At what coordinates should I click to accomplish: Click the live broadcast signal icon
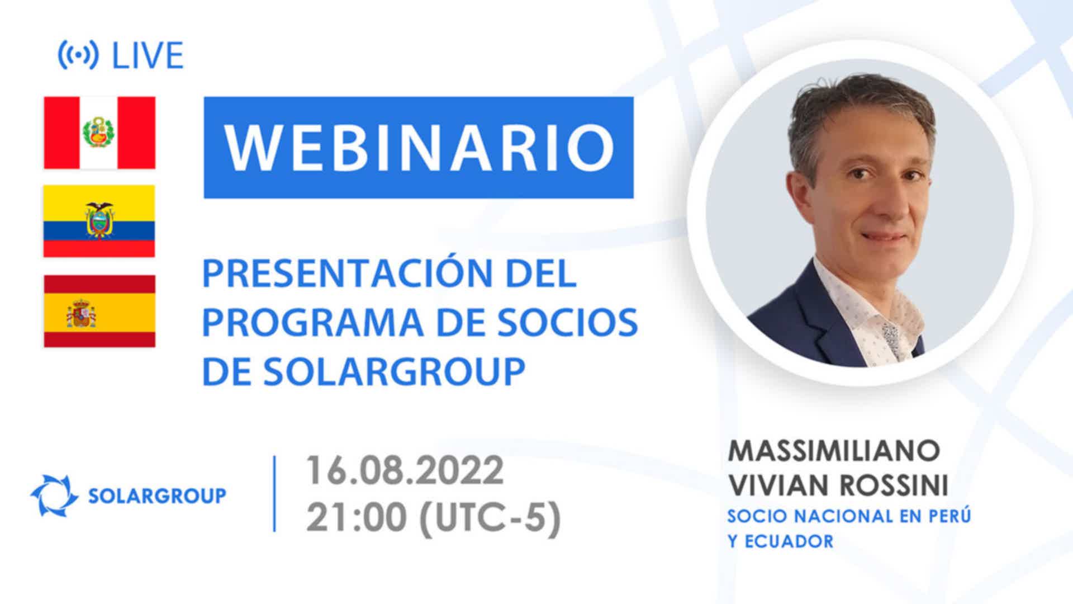pos(78,55)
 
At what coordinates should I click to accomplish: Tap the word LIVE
pos(148,55)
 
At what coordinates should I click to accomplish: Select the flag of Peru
pos(99,133)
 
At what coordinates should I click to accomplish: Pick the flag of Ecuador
pos(99,221)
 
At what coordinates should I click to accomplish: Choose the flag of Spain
pos(99,311)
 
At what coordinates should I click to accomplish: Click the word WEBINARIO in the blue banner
pos(419,148)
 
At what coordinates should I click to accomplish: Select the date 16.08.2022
pos(405,470)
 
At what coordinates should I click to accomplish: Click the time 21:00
pos(356,517)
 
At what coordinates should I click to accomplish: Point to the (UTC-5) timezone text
pos(490,518)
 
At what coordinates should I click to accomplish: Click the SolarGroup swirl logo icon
pos(54,496)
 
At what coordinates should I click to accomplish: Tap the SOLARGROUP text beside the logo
pos(158,496)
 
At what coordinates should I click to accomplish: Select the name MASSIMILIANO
pos(834,451)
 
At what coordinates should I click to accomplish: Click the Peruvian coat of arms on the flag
pos(99,133)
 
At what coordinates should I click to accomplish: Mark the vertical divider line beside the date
pos(274,493)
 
